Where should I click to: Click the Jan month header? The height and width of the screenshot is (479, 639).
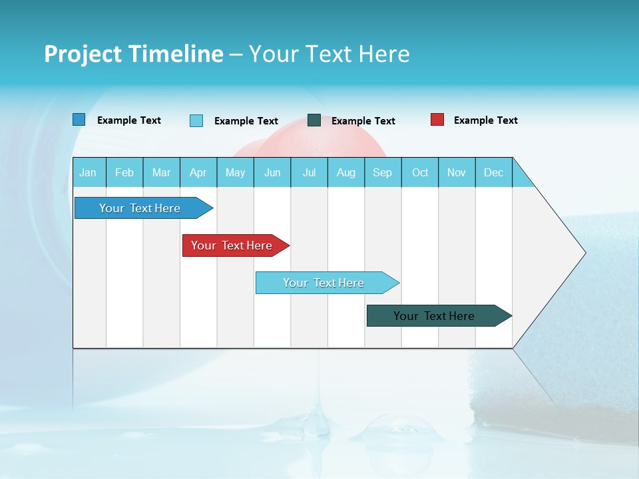click(x=89, y=172)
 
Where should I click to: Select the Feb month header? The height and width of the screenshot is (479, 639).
click(x=124, y=172)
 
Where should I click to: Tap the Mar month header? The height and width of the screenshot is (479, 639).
click(x=161, y=172)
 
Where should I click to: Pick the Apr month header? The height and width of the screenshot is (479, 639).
click(x=198, y=172)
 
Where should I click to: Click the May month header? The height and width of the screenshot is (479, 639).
click(x=235, y=172)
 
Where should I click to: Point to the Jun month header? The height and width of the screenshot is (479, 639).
click(x=272, y=172)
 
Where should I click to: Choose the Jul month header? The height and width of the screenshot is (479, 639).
click(x=309, y=172)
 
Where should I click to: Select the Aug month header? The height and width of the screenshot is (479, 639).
click(x=346, y=172)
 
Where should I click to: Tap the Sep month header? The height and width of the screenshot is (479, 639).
click(x=383, y=172)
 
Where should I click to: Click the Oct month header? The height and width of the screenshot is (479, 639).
click(x=420, y=172)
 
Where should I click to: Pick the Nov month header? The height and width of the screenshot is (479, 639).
click(x=457, y=172)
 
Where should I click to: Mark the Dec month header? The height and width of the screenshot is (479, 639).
click(x=494, y=172)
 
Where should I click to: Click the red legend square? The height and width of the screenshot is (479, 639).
click(x=437, y=120)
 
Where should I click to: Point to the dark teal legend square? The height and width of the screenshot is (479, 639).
click(x=314, y=120)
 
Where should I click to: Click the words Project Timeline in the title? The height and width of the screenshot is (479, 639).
click(x=134, y=54)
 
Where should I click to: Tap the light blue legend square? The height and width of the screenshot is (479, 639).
click(x=196, y=120)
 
